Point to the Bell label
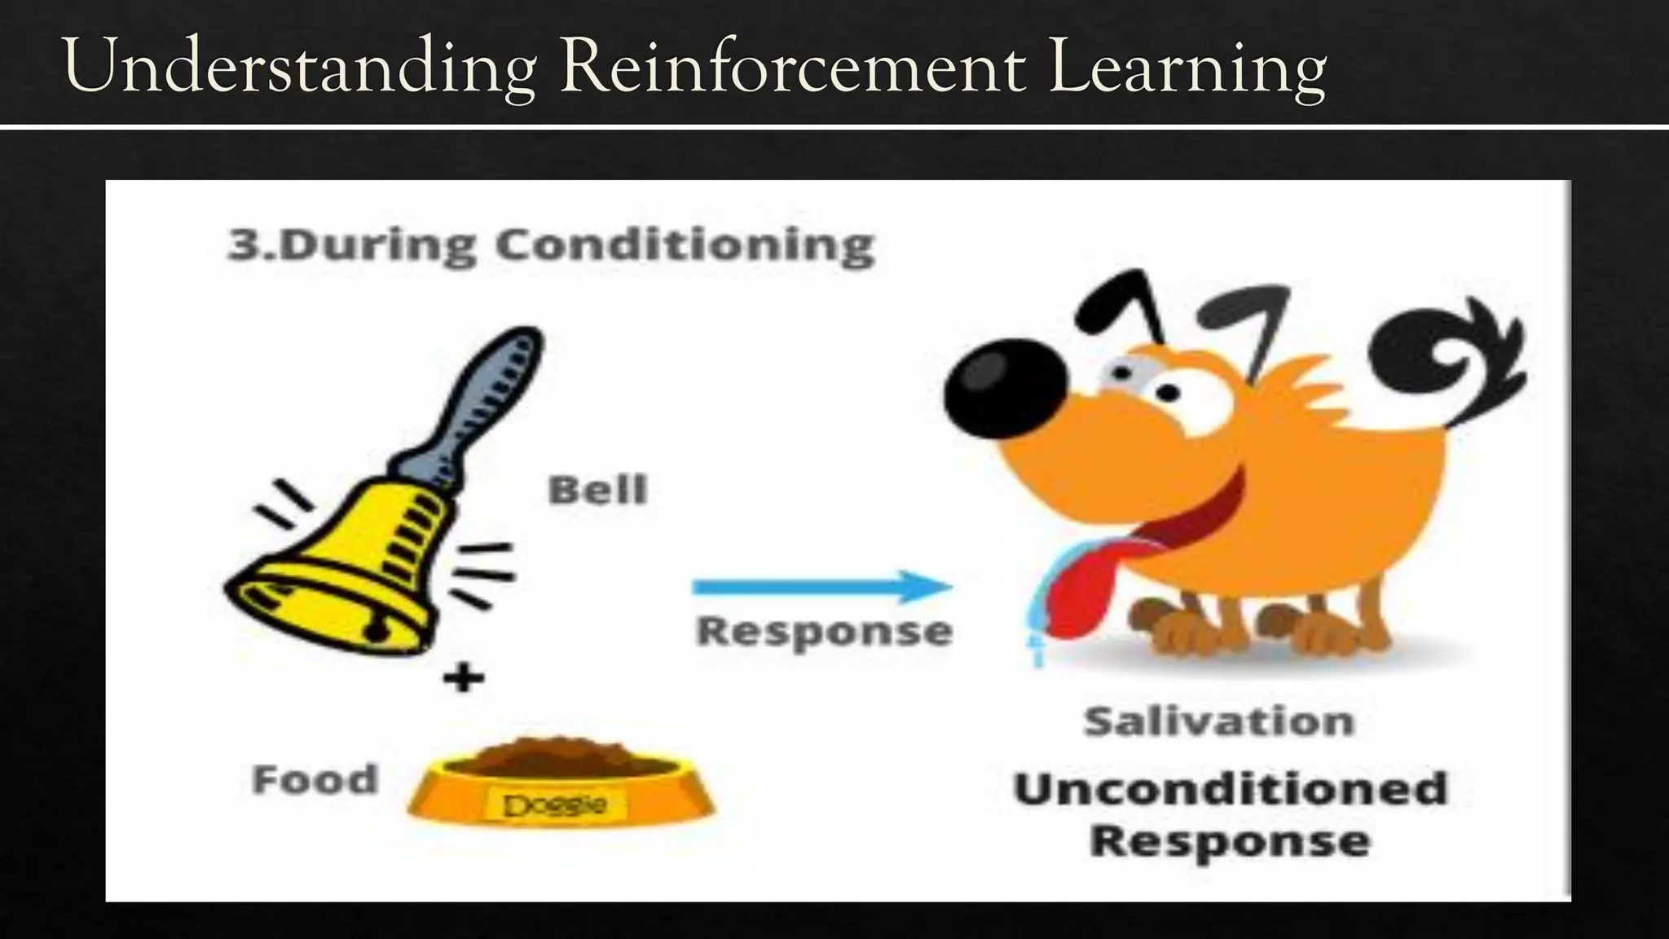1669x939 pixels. (597, 490)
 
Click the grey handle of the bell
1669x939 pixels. (489, 391)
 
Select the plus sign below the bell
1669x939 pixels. (464, 677)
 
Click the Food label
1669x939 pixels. (315, 779)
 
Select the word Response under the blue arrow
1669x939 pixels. (824, 631)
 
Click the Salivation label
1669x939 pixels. (1218, 721)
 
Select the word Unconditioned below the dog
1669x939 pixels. (1230, 788)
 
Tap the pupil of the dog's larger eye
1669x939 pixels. (1168, 394)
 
